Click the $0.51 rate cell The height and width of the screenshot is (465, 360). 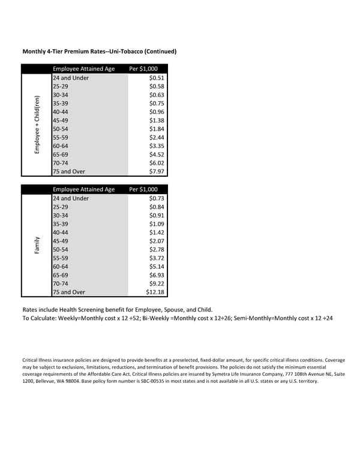pos(157,78)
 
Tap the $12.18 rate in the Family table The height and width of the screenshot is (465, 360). pos(155,292)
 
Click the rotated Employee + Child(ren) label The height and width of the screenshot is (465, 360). pos(37,125)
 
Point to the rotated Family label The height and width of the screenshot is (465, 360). pos(37,245)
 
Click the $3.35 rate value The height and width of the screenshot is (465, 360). pos(157,146)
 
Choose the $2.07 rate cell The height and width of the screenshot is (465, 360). pos(157,241)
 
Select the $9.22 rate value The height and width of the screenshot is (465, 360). pos(157,284)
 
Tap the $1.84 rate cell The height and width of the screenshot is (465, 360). pos(157,129)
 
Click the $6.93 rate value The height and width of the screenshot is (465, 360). pos(157,275)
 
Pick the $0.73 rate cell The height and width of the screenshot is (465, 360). pos(157,198)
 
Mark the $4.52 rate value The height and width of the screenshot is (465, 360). pos(157,155)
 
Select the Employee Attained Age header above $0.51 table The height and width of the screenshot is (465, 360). pos(83,69)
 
